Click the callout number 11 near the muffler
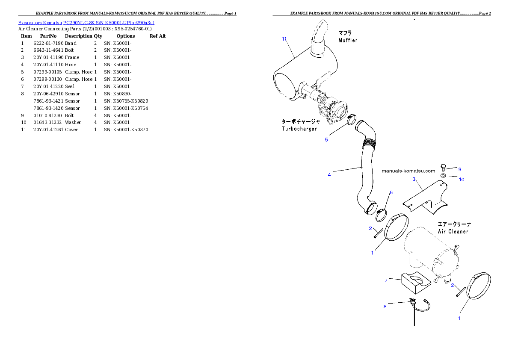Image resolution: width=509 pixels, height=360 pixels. [x=284, y=39]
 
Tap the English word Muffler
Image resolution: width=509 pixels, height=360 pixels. [x=348, y=41]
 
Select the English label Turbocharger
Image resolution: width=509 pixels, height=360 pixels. [x=299, y=129]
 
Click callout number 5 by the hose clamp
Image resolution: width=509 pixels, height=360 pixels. [x=326, y=139]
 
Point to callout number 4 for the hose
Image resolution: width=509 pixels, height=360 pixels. [x=329, y=174]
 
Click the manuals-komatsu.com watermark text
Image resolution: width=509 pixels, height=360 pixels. [x=408, y=170]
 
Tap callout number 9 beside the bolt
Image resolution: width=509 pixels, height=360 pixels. [x=460, y=169]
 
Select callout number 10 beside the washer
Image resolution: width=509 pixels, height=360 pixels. [x=462, y=180]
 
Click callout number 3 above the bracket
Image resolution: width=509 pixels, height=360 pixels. [x=414, y=179]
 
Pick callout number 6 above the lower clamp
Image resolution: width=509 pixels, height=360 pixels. [x=391, y=192]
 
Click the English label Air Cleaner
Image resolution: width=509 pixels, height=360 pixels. [x=453, y=232]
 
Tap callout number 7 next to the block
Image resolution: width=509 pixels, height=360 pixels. [x=386, y=280]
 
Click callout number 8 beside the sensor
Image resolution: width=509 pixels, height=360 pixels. [x=385, y=306]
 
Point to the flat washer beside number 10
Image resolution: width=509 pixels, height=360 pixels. [x=444, y=175]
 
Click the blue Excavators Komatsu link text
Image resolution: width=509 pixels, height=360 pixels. [x=86, y=22]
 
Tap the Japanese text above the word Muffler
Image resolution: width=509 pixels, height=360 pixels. [x=345, y=33]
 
